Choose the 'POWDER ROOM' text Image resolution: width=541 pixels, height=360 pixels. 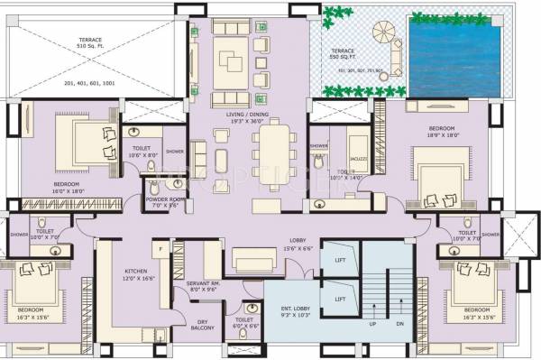[165, 202]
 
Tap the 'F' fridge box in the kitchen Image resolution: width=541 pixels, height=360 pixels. [159, 246]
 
